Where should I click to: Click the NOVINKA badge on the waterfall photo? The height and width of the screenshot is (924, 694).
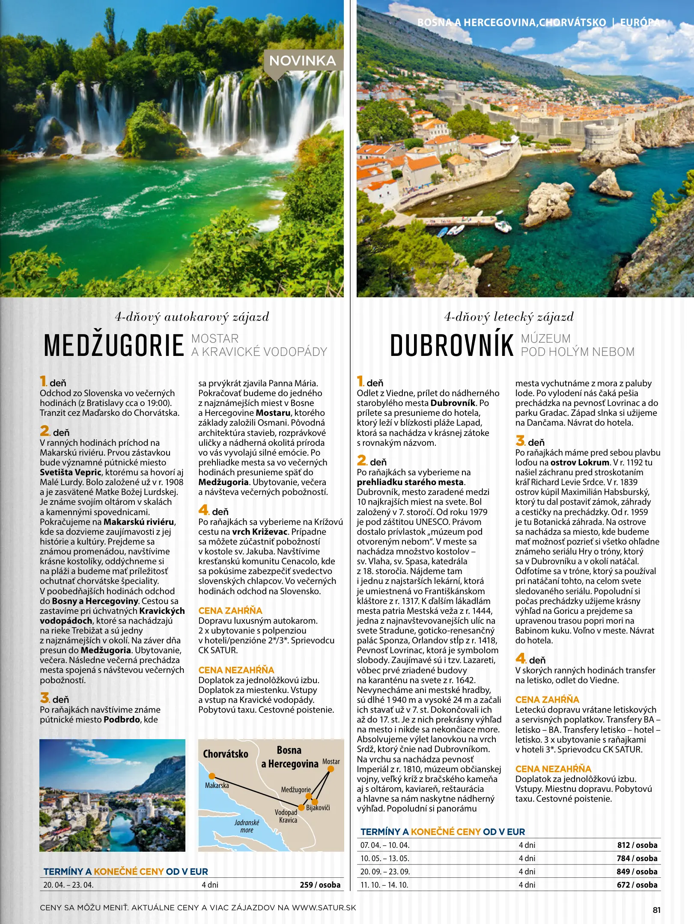point(302,61)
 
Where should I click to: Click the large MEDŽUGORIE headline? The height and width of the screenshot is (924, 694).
point(114,346)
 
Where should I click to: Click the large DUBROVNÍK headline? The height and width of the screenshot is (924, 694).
point(452,346)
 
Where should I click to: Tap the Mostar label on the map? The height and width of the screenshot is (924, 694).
point(331,761)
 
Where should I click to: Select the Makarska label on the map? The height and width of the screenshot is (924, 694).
point(217,785)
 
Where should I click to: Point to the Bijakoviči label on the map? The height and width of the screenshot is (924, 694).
point(318,808)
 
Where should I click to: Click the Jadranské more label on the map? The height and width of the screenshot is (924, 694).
point(247,826)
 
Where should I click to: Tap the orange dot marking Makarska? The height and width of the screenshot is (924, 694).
point(211,776)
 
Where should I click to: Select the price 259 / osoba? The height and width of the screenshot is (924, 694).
point(320,885)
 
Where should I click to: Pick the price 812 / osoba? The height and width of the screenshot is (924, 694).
point(637,845)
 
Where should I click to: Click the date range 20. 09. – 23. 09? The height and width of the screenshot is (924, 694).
point(384,871)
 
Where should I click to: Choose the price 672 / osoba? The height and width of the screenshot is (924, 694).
point(637,885)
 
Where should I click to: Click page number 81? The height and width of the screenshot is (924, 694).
point(656,910)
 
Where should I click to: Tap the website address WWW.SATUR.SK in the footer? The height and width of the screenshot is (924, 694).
point(324,907)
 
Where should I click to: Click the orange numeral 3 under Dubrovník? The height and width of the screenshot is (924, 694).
point(520,441)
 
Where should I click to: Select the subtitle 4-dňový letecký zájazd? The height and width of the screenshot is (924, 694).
point(509,317)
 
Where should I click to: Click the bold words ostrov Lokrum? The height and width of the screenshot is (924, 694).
point(579,462)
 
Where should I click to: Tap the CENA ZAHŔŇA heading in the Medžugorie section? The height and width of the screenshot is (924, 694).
point(230,610)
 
